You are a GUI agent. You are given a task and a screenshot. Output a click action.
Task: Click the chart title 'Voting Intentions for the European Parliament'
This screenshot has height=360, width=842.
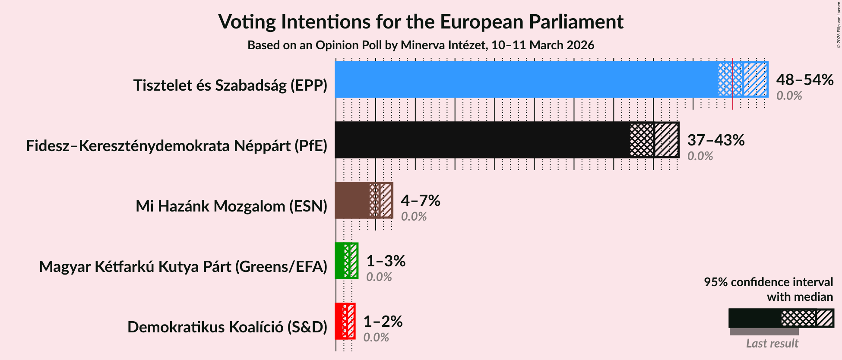point(421,22)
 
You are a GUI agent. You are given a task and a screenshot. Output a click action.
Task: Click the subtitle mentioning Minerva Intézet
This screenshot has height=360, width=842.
point(421,45)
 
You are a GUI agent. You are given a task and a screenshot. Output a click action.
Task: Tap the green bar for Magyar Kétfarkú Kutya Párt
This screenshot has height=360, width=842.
point(340,261)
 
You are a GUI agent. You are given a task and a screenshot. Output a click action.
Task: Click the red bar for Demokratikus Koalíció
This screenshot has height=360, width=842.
point(339,321)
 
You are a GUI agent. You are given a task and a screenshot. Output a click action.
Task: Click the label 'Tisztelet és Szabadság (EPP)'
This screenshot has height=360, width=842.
point(230,85)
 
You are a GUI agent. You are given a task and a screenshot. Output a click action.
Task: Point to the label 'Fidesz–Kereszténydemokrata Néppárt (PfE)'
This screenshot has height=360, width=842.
point(177,146)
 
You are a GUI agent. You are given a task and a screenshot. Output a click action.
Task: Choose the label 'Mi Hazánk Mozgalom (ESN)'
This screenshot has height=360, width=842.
point(231,206)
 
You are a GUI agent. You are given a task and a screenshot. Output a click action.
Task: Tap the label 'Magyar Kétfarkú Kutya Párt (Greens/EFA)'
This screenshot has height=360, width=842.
point(183,267)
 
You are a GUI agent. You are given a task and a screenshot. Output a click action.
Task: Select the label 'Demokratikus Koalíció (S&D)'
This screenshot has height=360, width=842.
point(227,327)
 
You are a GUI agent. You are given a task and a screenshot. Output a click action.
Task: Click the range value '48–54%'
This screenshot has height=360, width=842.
point(804,80)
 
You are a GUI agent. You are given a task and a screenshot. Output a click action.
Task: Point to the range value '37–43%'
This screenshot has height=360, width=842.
point(715,140)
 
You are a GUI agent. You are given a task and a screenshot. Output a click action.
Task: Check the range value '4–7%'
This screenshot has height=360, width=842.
point(420,201)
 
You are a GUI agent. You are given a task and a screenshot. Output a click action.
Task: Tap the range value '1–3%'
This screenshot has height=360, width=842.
point(386,261)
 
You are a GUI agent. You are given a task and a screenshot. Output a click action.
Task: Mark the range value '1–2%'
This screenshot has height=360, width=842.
point(383,322)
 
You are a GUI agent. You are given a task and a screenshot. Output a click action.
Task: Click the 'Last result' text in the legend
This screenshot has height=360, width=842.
point(772,344)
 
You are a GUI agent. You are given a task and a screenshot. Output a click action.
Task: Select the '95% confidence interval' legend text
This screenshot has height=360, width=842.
point(768,282)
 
